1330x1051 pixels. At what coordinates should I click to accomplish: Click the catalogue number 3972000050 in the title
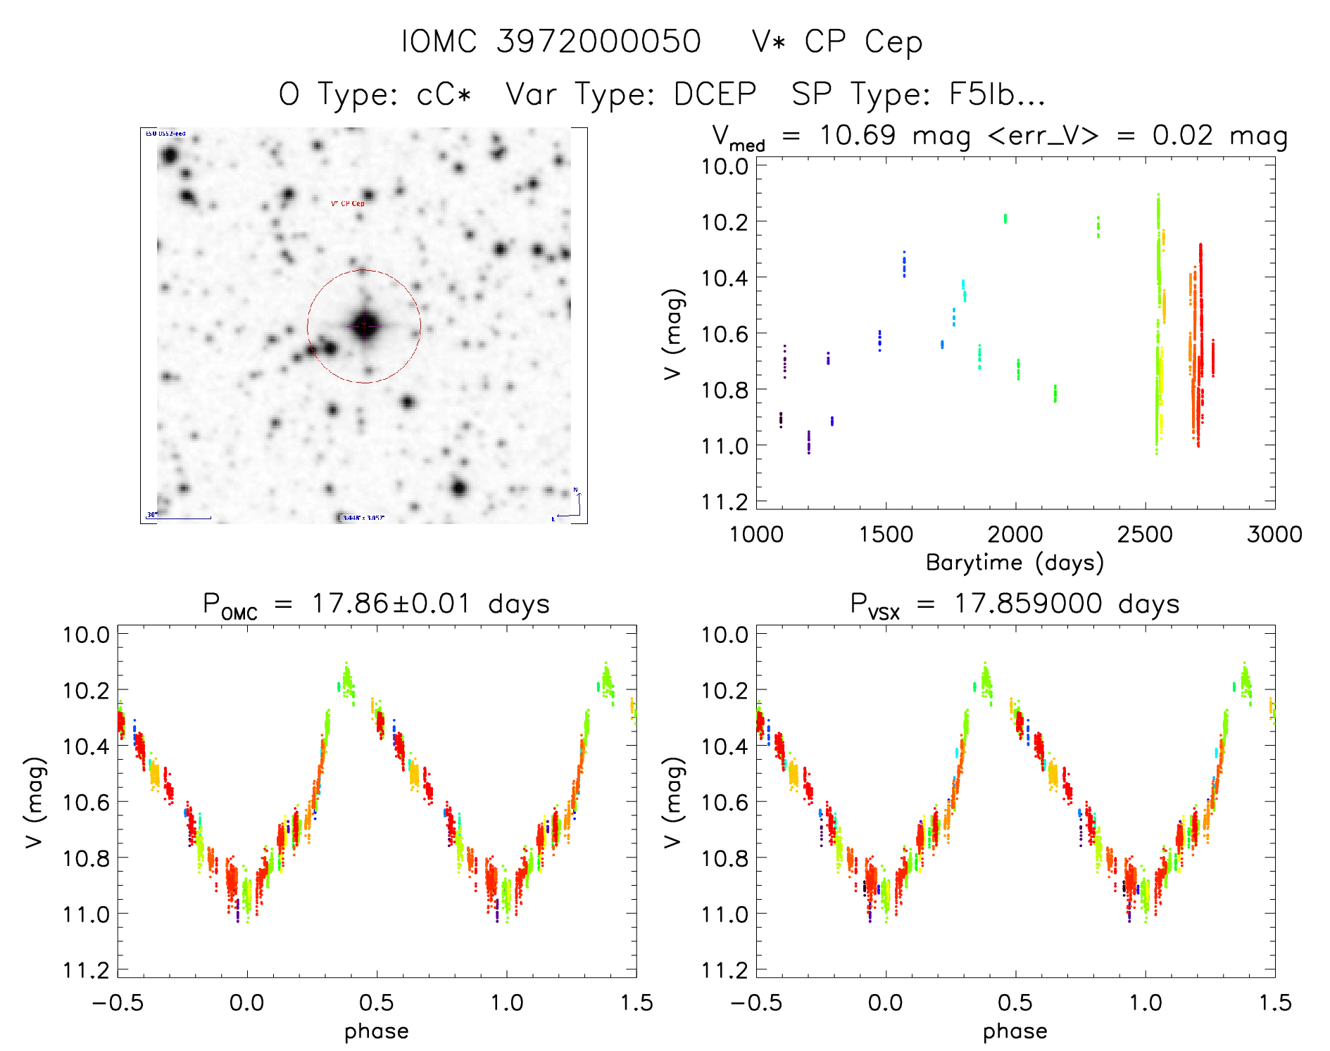pyautogui.click(x=598, y=42)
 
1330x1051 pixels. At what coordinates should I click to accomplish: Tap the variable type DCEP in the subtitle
pyautogui.click(x=715, y=94)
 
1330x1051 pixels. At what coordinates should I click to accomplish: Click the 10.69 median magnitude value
pyautogui.click(x=858, y=135)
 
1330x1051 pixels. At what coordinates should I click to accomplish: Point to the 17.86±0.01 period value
pyautogui.click(x=391, y=604)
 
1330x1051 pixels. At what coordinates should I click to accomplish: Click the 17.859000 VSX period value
pyautogui.click(x=1028, y=604)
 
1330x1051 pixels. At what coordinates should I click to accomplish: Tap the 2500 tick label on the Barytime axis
pyautogui.click(x=1145, y=534)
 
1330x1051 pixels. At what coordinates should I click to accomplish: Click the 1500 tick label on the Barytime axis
pyautogui.click(x=886, y=534)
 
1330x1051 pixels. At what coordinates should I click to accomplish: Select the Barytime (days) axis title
pyautogui.click(x=1015, y=563)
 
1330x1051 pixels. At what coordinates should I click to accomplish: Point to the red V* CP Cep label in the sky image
pyautogui.click(x=348, y=203)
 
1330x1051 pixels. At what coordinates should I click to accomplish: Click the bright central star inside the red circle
pyautogui.click(x=364, y=325)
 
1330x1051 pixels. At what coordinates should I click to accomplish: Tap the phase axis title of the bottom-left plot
pyautogui.click(x=377, y=1031)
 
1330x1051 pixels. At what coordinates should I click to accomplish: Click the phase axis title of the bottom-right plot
pyautogui.click(x=1015, y=1031)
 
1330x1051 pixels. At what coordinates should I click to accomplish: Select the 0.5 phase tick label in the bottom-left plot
pyautogui.click(x=377, y=1002)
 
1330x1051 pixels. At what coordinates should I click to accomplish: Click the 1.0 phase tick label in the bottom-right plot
pyautogui.click(x=1145, y=1002)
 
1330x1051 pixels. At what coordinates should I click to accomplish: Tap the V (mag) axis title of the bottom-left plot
pyautogui.click(x=35, y=802)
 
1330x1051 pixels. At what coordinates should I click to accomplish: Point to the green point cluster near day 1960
pyautogui.click(x=1005, y=218)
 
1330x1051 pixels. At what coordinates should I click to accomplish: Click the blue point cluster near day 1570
pyautogui.click(x=904, y=265)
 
